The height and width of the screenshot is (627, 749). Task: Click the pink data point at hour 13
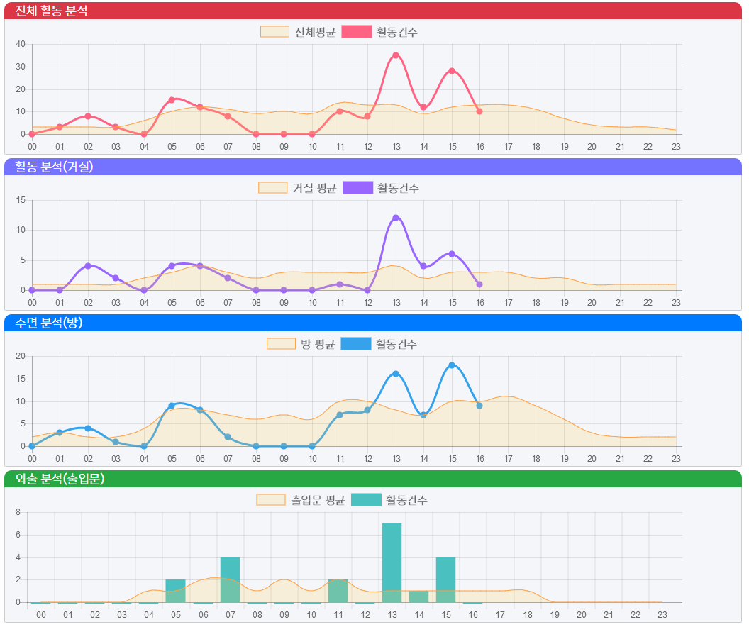click(396, 55)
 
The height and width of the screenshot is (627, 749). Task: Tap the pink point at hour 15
click(452, 71)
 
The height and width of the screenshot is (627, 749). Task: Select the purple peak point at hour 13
click(396, 218)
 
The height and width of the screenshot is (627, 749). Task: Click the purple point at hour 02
click(88, 266)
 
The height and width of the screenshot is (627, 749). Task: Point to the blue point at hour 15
click(452, 365)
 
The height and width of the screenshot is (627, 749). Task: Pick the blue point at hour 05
click(172, 406)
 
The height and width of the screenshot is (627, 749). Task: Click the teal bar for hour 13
click(392, 562)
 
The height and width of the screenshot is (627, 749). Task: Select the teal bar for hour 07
click(230, 579)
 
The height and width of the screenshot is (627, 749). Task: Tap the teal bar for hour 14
click(418, 597)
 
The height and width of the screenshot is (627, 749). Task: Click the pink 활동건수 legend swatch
click(356, 32)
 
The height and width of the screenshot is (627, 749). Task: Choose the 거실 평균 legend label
click(314, 188)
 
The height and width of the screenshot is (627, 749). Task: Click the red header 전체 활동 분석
click(52, 11)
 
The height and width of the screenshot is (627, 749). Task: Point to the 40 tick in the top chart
click(21, 44)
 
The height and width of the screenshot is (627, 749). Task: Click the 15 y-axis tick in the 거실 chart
click(21, 200)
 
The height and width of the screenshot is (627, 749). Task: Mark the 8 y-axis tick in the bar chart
click(18, 512)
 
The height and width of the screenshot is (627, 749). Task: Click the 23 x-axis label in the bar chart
click(662, 614)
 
